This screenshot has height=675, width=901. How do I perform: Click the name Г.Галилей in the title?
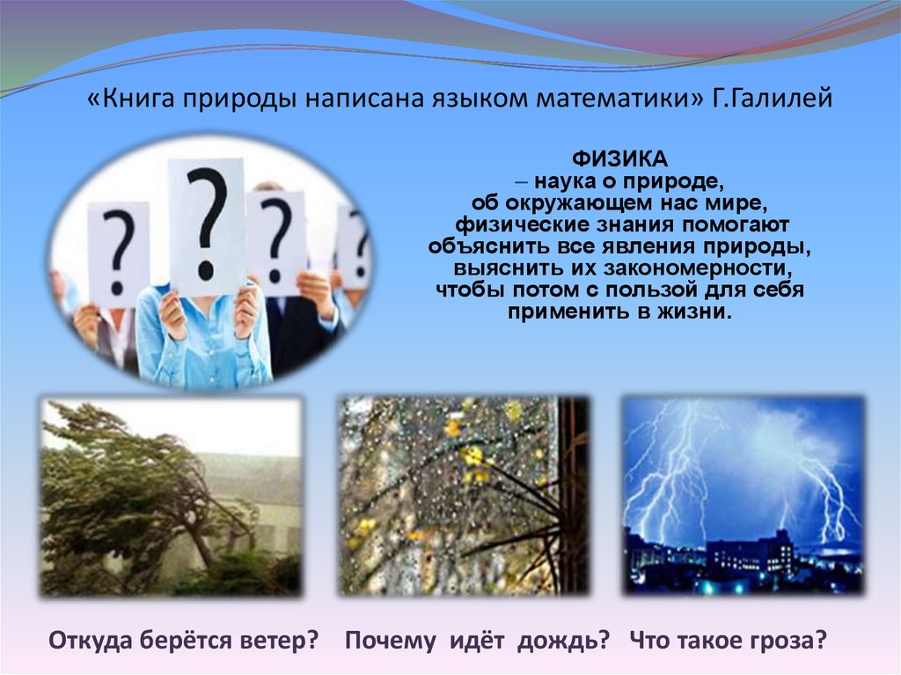click(x=773, y=99)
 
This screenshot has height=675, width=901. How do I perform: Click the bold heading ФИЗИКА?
click(x=619, y=158)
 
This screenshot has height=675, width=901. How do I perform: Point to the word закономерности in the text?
click(x=693, y=268)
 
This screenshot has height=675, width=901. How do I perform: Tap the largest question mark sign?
click(x=206, y=225)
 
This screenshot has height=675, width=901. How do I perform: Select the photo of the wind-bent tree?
click(x=171, y=496)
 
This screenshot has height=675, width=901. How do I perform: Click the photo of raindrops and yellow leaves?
click(x=463, y=496)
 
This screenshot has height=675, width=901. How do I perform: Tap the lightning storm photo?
click(x=744, y=495)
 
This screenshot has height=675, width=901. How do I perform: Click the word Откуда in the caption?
click(x=90, y=641)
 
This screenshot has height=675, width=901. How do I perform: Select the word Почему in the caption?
click(x=390, y=641)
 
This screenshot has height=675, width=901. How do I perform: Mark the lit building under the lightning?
click(x=747, y=552)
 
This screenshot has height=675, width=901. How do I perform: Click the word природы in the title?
click(x=240, y=99)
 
